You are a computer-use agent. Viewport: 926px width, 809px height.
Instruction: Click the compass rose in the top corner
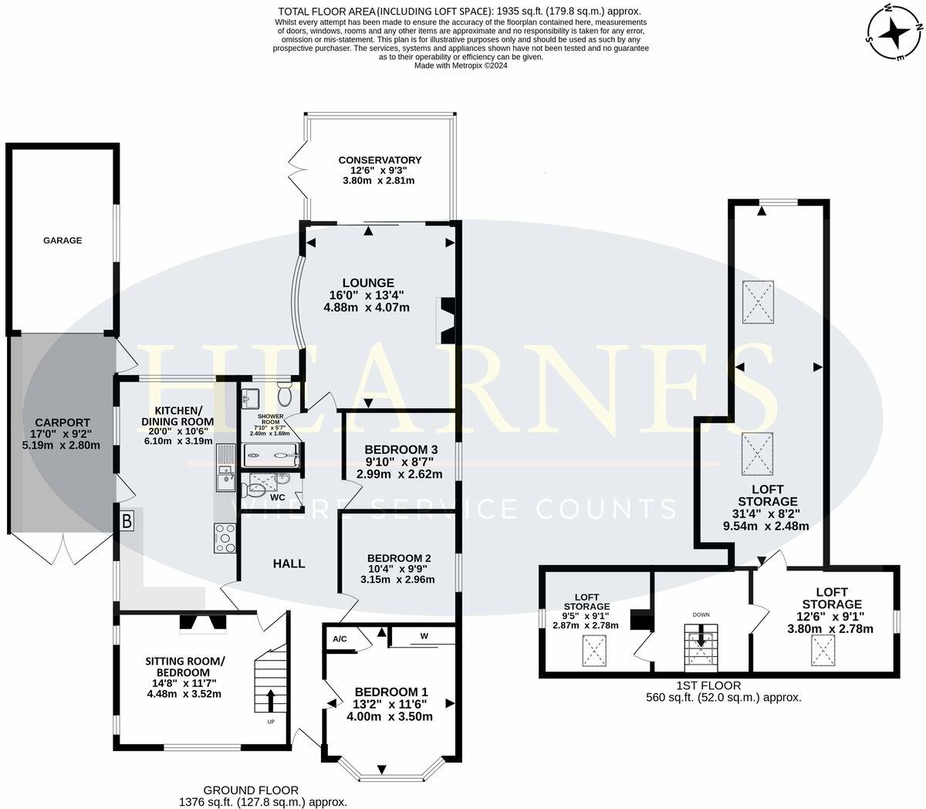(894, 32)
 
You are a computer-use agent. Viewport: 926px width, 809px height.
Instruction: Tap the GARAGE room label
(62, 241)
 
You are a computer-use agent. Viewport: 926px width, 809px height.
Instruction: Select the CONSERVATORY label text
(380, 160)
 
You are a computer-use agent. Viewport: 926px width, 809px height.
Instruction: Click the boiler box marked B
(127, 521)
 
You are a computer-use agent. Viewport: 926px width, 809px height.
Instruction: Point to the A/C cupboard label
(340, 639)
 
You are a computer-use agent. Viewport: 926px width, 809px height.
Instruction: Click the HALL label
(289, 564)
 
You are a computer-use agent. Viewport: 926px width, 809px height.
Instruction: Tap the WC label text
(278, 498)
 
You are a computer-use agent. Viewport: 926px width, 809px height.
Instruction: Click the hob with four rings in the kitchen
(225, 538)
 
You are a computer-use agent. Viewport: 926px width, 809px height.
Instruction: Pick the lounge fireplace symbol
(446, 320)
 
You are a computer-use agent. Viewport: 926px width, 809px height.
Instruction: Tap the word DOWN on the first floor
(701, 614)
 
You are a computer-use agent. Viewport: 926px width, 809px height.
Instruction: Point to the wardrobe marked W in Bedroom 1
(424, 636)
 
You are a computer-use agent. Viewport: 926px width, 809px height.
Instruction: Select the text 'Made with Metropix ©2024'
(461, 66)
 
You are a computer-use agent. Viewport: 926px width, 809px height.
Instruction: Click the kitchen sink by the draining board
(228, 484)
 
